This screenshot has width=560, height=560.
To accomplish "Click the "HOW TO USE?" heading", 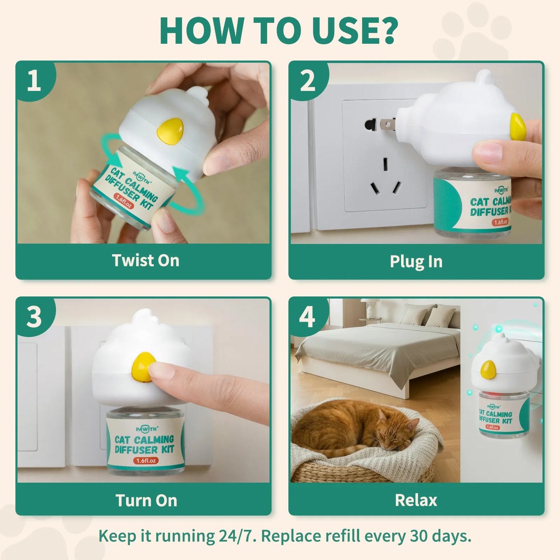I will click(x=279, y=31).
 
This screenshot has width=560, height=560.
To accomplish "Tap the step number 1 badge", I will click(x=34, y=81).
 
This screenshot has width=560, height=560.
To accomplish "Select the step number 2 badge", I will click(x=307, y=81).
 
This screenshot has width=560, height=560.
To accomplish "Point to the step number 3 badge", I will click(x=34, y=317).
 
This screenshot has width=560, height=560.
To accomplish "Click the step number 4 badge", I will click(x=307, y=317).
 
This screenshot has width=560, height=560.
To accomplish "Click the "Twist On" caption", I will click(x=145, y=260).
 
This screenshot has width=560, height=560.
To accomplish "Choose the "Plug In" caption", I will click(x=416, y=262).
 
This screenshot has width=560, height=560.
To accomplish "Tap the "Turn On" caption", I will click(x=146, y=500).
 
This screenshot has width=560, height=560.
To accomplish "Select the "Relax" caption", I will click(x=416, y=500).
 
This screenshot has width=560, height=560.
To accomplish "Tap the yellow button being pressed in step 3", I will click(x=142, y=366).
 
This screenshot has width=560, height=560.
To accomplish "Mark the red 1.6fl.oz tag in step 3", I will click(x=146, y=461).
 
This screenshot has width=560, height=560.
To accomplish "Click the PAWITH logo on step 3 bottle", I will click(x=147, y=429).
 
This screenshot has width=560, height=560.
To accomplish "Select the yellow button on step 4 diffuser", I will click(x=488, y=369).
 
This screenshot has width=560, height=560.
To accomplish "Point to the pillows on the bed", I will click(x=428, y=315).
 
